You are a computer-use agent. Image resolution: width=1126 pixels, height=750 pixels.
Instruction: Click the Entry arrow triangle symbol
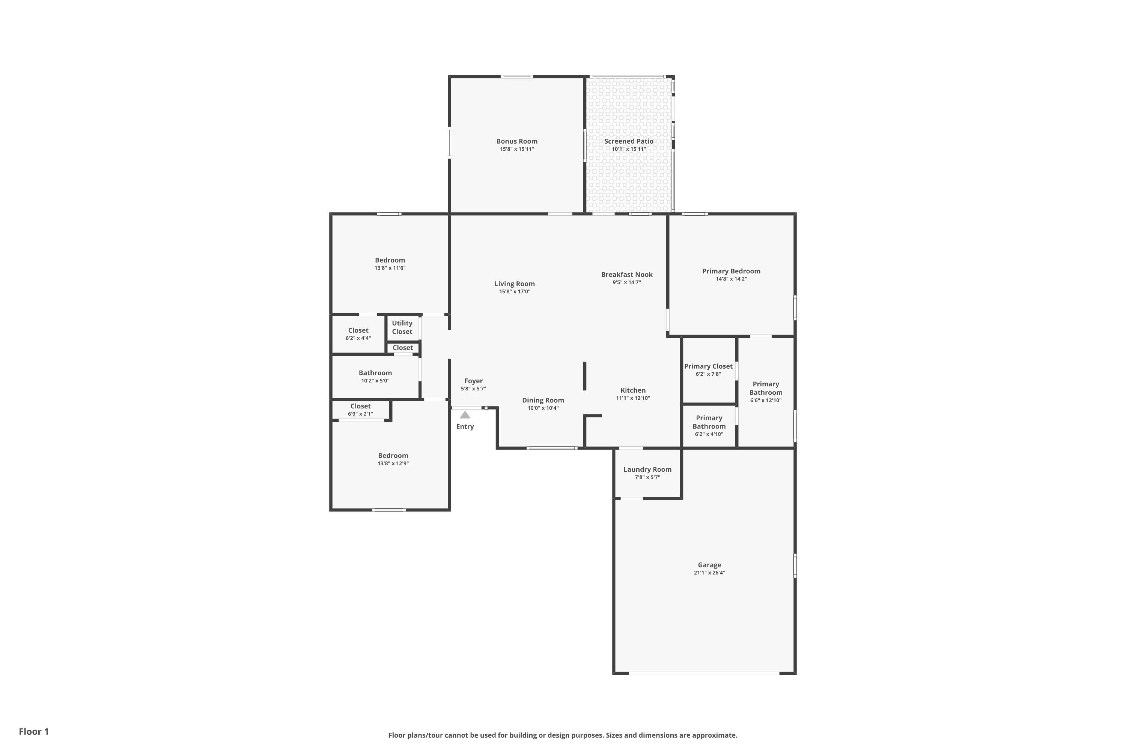(465, 415)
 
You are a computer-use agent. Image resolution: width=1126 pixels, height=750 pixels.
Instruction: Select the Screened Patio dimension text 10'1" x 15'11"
(629, 149)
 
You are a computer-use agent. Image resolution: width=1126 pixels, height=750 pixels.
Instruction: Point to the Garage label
(709, 565)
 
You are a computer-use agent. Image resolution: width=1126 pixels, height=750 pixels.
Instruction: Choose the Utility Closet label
(402, 327)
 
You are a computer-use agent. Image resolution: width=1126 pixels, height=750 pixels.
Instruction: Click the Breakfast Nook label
(627, 274)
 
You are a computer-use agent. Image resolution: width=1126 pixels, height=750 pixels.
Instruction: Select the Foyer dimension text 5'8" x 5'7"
(473, 389)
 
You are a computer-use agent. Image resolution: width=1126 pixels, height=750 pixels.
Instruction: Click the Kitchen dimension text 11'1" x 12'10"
(632, 398)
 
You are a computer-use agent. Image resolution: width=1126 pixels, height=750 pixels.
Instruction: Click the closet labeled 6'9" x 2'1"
(360, 410)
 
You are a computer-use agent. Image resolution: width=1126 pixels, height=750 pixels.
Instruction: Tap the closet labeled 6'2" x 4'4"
(358, 334)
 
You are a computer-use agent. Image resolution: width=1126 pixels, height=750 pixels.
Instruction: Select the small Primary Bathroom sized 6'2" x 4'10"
(709, 426)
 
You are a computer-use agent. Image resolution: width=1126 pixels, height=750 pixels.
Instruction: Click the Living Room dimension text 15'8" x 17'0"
(514, 292)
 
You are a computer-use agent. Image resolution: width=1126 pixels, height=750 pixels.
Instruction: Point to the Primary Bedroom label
(731, 271)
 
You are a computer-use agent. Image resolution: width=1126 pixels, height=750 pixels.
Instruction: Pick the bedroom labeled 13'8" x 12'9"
(393, 459)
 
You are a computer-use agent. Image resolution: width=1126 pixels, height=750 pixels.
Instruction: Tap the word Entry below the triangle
(465, 427)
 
